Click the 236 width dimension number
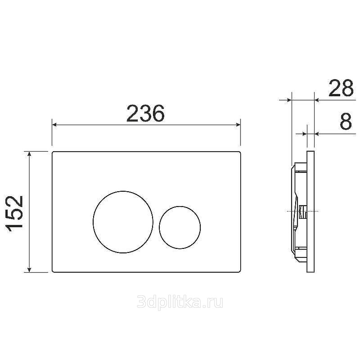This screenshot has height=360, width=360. point(145,113)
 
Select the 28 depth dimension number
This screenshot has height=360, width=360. point(341,88)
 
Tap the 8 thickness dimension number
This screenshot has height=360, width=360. point(346,121)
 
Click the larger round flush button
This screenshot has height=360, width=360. point(123,222)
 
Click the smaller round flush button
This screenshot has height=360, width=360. point(180,227)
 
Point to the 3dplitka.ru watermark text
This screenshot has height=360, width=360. point(180,302)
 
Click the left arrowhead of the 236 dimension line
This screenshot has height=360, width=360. point(54,125)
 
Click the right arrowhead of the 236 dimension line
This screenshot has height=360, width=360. point(238,125)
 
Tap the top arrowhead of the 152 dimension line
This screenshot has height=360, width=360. point(29,154)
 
